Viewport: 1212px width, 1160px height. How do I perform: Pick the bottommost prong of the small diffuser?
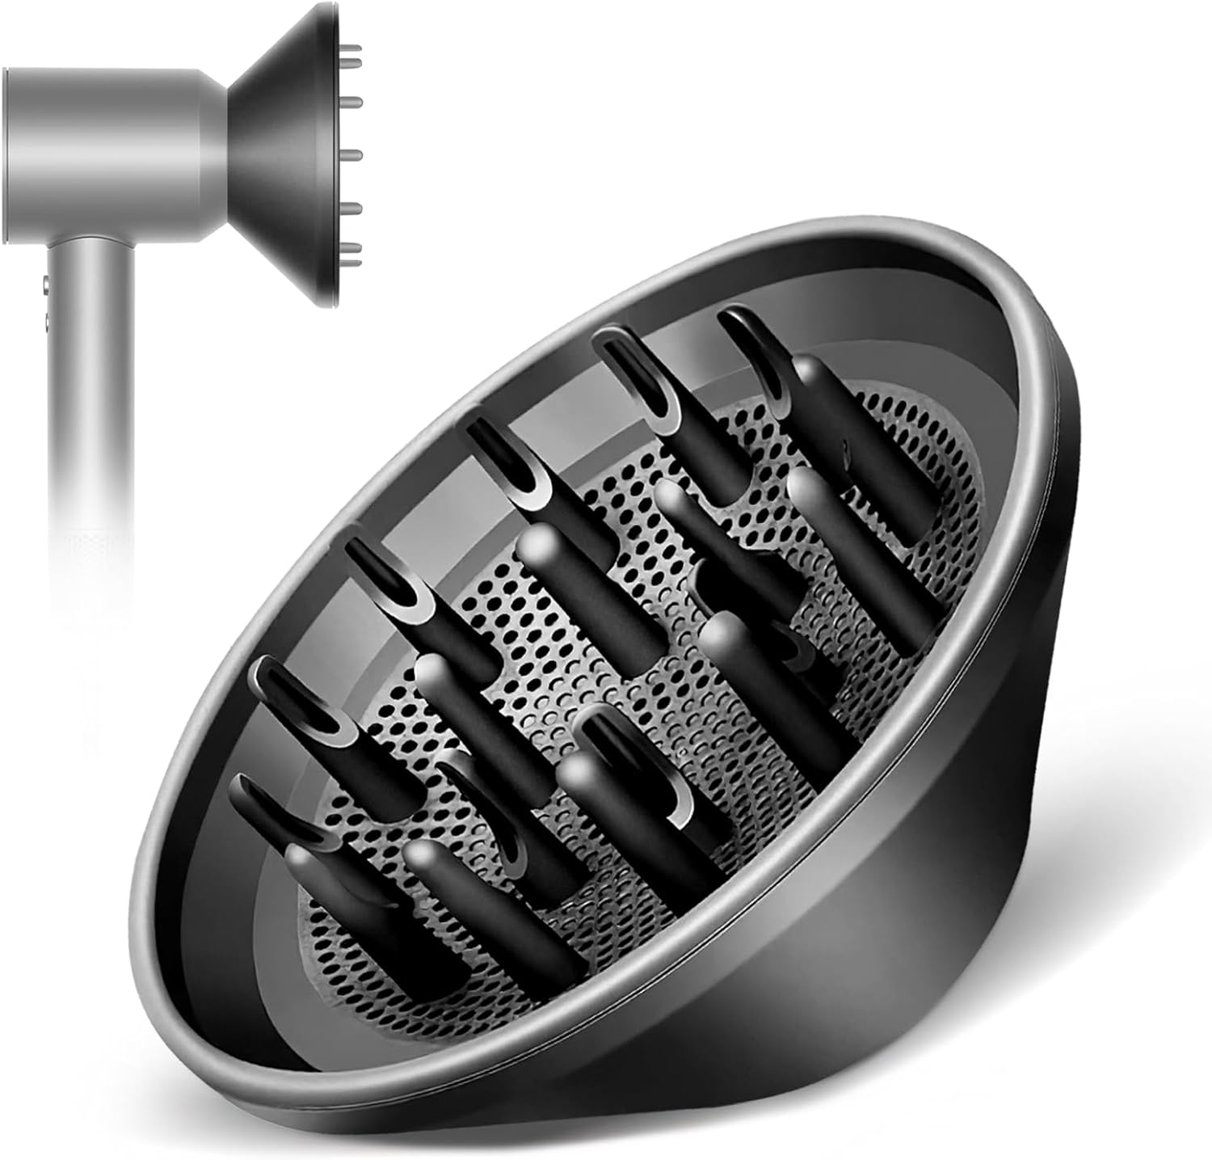[x=354, y=249]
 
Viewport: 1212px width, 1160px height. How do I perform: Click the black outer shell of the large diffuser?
[x=970, y=889]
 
